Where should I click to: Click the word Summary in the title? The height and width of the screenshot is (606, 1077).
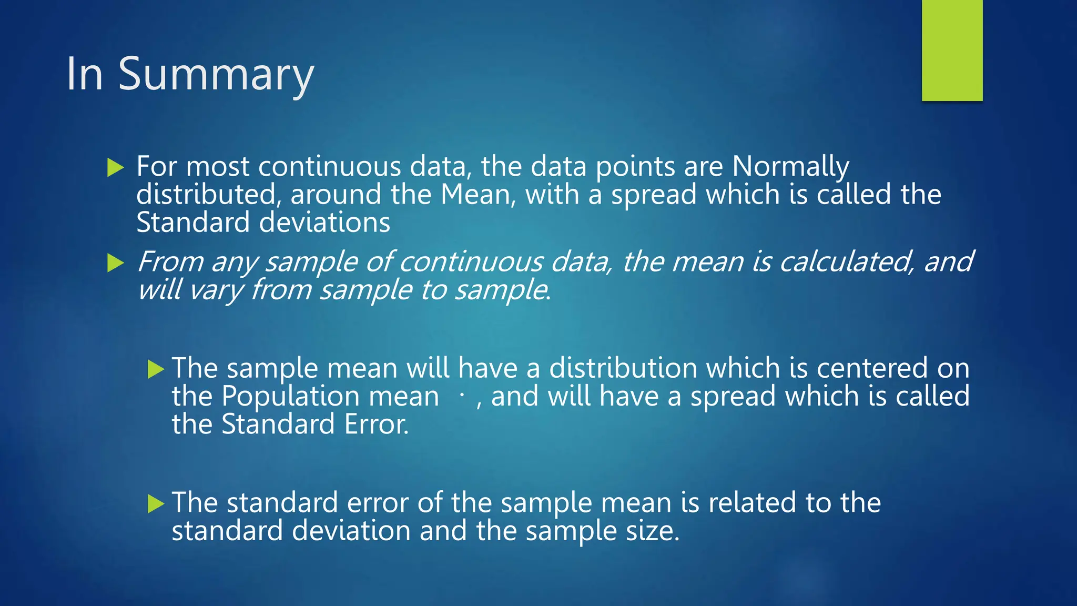216,75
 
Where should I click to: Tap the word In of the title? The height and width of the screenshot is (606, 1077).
84,74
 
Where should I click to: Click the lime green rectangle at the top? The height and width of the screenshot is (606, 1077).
952,50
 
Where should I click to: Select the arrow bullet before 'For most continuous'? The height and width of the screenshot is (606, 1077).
115,168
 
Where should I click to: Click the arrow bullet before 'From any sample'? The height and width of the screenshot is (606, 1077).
115,262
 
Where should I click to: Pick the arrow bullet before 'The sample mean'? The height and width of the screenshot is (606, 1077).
156,369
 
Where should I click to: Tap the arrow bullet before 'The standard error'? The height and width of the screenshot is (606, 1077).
156,504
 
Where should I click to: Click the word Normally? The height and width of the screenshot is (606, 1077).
790,167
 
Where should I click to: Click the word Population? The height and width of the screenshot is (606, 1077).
290,396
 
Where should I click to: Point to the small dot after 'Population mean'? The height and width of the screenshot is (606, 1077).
462,395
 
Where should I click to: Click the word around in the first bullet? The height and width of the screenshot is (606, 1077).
336,195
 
